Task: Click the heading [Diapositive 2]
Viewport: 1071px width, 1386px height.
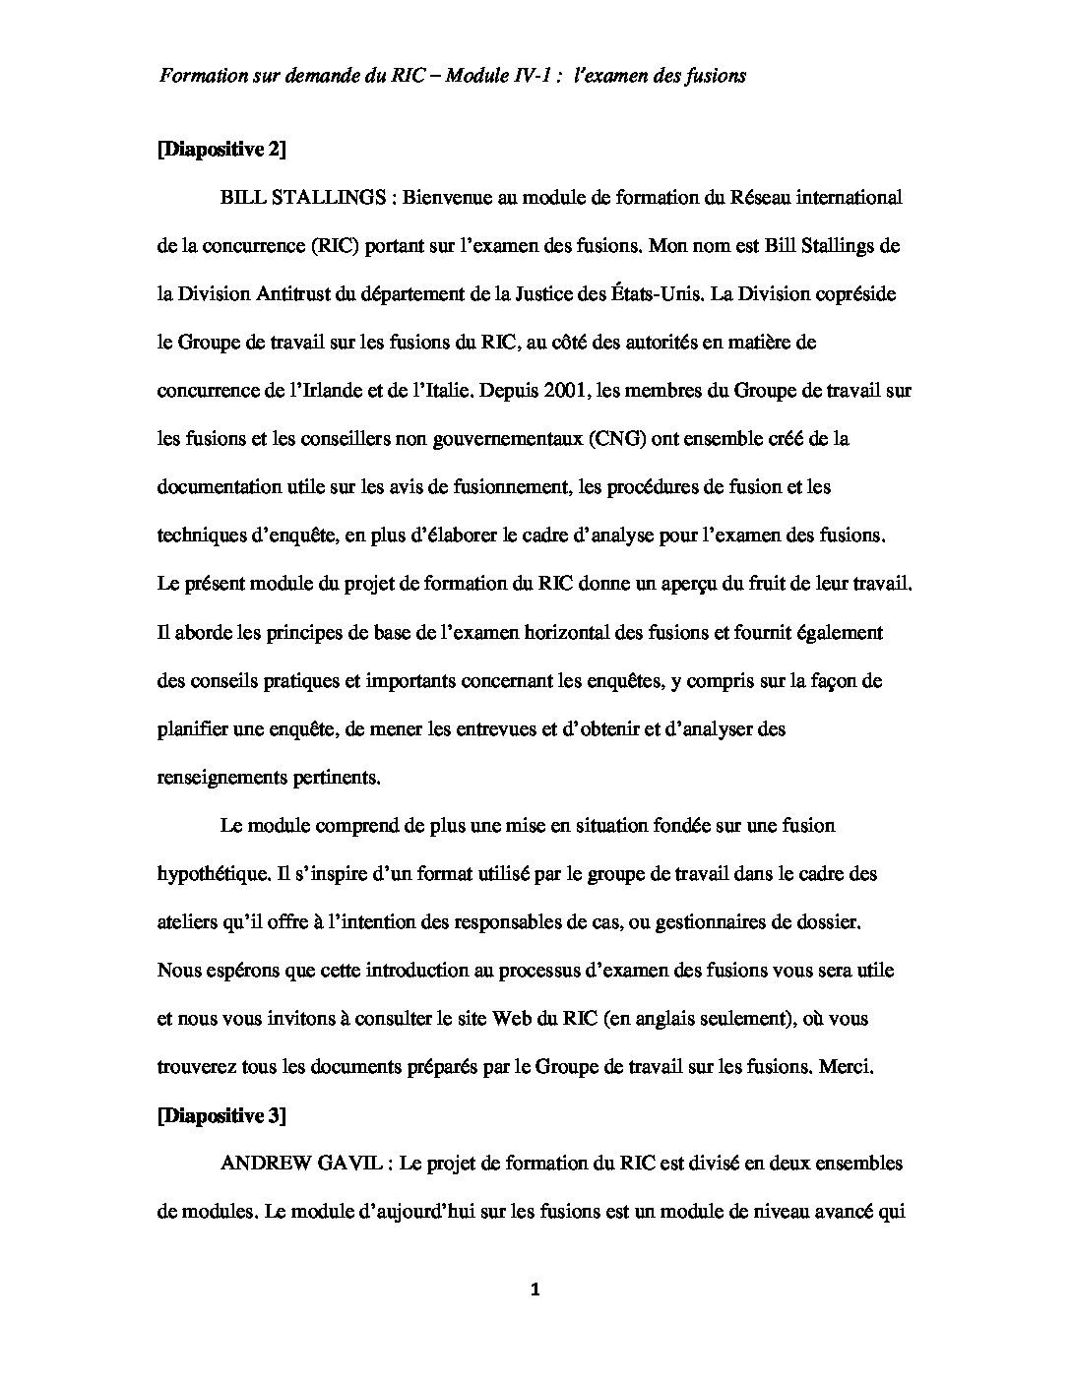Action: [x=221, y=149]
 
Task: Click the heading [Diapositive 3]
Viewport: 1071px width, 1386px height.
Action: [x=221, y=1115]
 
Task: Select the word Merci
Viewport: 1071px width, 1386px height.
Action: [x=846, y=1067]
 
